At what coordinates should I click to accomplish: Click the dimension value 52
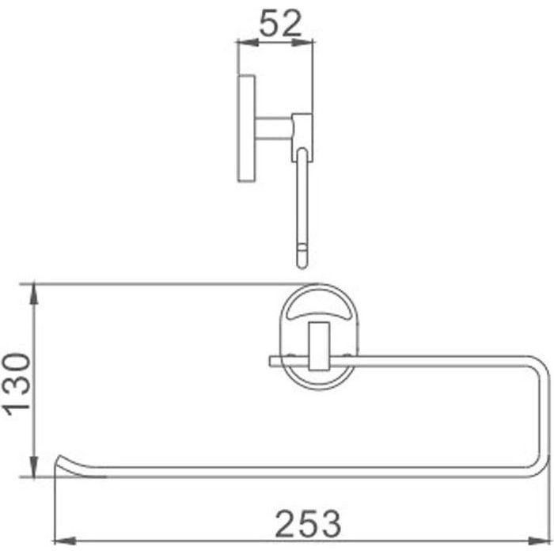point(280,23)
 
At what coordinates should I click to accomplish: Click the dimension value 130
point(17,385)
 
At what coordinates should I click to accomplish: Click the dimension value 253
point(308,524)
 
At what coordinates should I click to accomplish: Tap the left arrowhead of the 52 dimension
point(248,43)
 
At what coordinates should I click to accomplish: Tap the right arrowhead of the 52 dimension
point(302,43)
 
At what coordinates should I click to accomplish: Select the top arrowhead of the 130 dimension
point(34,294)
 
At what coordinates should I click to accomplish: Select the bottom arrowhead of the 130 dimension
point(34,466)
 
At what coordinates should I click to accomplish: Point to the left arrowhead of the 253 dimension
point(65,541)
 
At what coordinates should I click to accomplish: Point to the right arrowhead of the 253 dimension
point(539,541)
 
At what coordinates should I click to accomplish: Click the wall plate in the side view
point(246,128)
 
